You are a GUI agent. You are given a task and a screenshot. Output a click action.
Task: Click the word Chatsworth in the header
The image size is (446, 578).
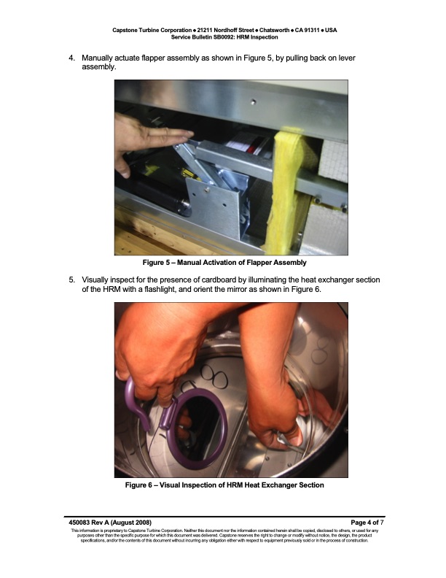274,30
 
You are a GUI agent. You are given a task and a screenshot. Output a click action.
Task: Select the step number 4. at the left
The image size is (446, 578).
71,58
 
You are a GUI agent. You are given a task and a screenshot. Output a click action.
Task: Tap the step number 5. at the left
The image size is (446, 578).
71,280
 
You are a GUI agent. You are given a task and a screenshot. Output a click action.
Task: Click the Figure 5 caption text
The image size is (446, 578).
224,263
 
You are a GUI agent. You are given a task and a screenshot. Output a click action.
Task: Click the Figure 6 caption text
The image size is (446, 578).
224,485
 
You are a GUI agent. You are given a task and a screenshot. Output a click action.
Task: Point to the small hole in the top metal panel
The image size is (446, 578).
253,101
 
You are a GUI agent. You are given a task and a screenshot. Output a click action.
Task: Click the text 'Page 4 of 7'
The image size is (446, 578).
367,523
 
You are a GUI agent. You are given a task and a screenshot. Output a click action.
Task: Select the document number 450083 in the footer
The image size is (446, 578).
79,523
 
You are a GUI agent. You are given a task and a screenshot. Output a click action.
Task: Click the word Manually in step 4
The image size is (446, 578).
97,58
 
